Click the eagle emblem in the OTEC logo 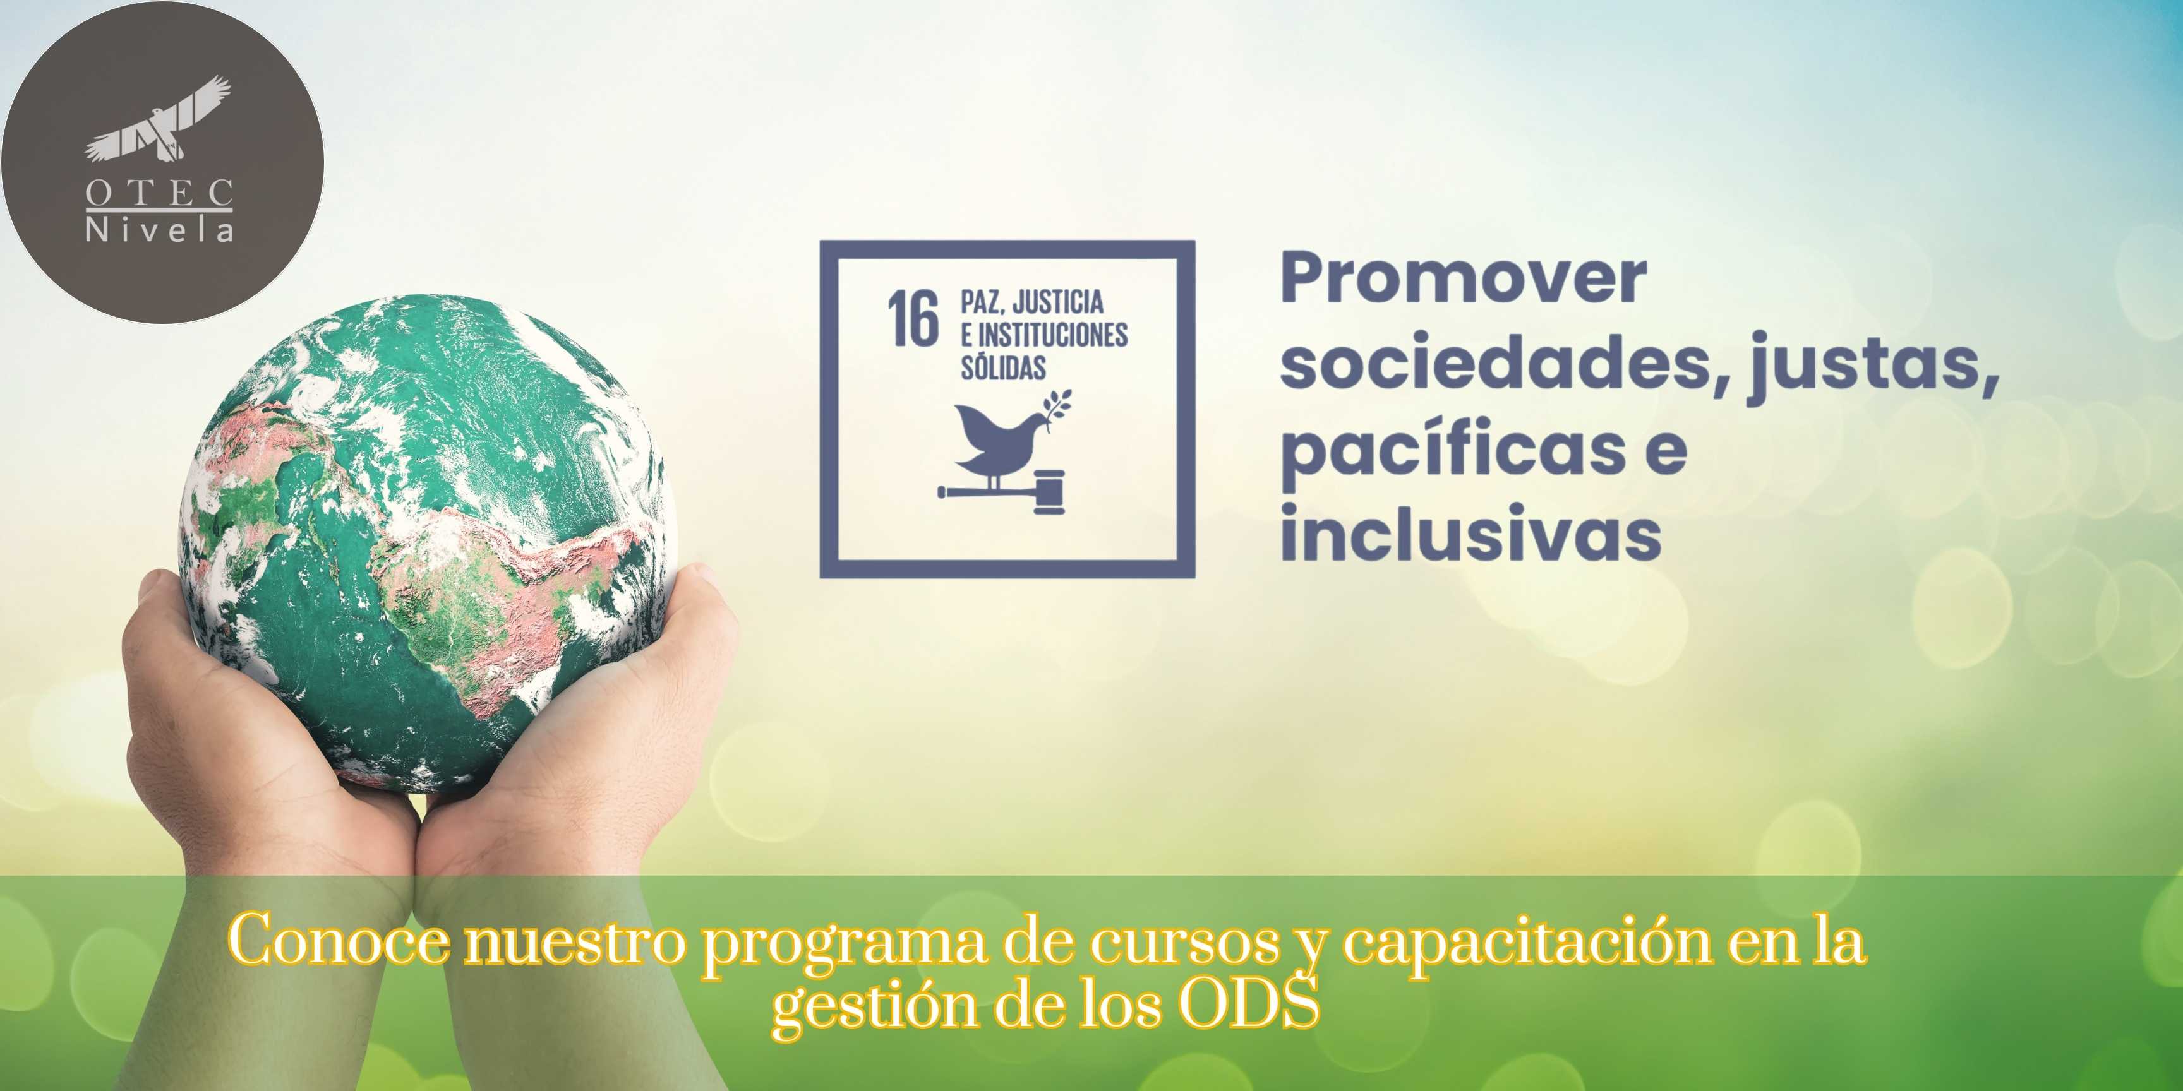[x=159, y=119]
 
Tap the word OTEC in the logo [x=159, y=193]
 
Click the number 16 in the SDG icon [x=913, y=318]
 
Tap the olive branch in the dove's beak [x=1057, y=408]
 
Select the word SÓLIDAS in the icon [x=1003, y=367]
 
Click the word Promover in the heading [x=1464, y=277]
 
